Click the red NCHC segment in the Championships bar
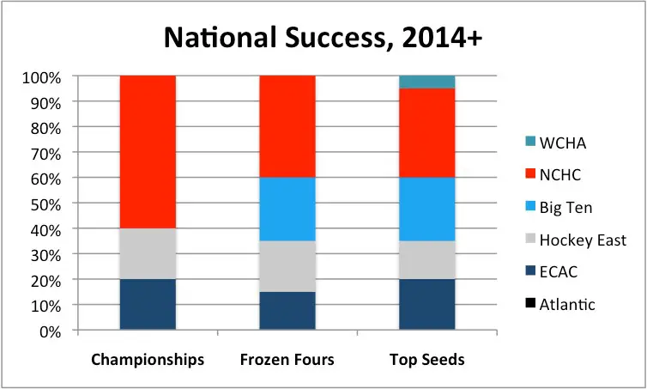pyautogui.click(x=148, y=152)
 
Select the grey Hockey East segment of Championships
pyautogui.click(x=148, y=253)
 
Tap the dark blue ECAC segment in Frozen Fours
pyautogui.click(x=287, y=311)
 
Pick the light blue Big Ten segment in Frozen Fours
pyautogui.click(x=287, y=209)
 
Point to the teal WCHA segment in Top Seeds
pyautogui.click(x=427, y=82)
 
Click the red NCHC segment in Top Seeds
pyautogui.click(x=427, y=133)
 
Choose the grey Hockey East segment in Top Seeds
pyautogui.click(x=427, y=259)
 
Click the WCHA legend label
pyautogui.click(x=563, y=143)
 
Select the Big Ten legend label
pyautogui.click(x=565, y=207)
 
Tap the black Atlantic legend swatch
pyautogui.click(x=530, y=303)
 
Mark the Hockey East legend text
pyautogui.click(x=583, y=240)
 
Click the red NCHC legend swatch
pyautogui.click(x=530, y=173)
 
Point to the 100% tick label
pyautogui.click(x=42, y=77)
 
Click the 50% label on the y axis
pyautogui.click(x=45, y=205)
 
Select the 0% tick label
pyautogui.click(x=51, y=332)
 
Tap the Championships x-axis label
pyautogui.click(x=148, y=360)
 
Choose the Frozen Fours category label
pyautogui.click(x=287, y=360)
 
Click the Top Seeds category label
pyautogui.click(x=427, y=360)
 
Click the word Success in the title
pyautogui.click(x=335, y=38)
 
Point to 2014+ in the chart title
pyautogui.click(x=441, y=38)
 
